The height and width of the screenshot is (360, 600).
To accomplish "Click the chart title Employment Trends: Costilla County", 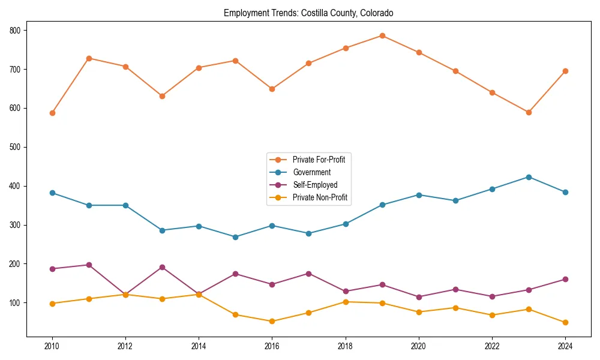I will [308, 13].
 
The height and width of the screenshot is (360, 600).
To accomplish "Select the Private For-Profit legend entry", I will [318, 160].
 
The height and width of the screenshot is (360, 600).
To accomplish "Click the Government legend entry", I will [311, 172].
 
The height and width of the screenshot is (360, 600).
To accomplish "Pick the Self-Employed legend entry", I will [315, 185].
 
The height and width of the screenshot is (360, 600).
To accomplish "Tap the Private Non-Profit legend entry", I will [320, 197].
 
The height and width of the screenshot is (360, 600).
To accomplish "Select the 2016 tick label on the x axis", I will [272, 346].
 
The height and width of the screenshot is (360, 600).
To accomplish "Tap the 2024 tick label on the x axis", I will [565, 346].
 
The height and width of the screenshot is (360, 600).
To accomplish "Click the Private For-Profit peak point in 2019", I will [382, 36].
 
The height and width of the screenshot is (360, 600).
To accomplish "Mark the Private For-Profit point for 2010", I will [52, 113].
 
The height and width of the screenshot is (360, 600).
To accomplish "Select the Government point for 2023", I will [529, 177].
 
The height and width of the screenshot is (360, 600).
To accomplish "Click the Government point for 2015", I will [235, 237].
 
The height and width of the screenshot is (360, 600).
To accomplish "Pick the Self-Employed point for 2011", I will [89, 265].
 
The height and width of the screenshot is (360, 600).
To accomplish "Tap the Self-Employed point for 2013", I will [162, 267].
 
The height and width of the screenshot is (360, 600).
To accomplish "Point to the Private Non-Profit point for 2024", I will [565, 322].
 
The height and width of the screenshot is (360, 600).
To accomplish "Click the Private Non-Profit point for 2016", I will [272, 321].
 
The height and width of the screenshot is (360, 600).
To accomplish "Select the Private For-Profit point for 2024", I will [565, 71].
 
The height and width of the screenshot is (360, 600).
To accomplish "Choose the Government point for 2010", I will [52, 193].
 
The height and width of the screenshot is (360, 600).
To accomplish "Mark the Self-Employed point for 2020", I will [419, 297].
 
